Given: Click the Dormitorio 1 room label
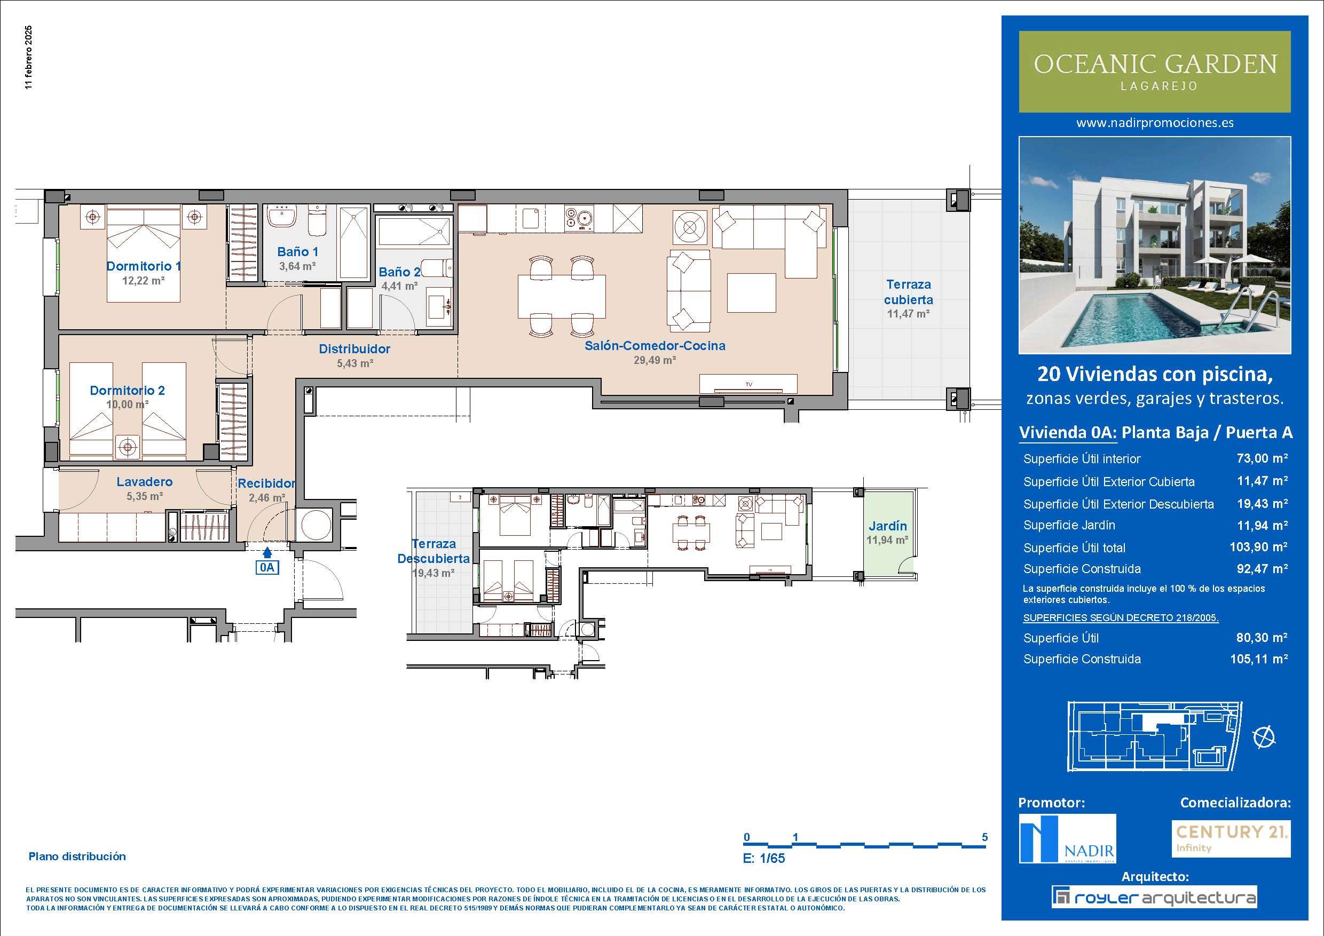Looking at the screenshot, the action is pyautogui.click(x=144, y=266).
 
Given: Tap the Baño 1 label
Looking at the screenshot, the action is pyautogui.click(x=297, y=252).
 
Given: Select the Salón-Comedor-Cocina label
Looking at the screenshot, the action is pyautogui.click(x=655, y=346).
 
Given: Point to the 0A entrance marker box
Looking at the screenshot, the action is pyautogui.click(x=267, y=567).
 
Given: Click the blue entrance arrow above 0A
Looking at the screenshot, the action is pyautogui.click(x=267, y=552).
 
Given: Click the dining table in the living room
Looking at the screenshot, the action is pyautogui.click(x=562, y=296).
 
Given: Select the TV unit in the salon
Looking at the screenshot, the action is pyautogui.click(x=748, y=384).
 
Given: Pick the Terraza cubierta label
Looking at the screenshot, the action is pyautogui.click(x=909, y=292).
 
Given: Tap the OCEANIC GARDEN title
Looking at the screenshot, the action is pyautogui.click(x=1155, y=64).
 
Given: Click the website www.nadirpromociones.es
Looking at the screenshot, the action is pyautogui.click(x=1155, y=123).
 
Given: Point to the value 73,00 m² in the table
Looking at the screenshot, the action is pyautogui.click(x=1262, y=459).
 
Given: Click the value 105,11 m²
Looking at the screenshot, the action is pyautogui.click(x=1259, y=659).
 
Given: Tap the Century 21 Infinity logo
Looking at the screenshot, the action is pyautogui.click(x=1231, y=838).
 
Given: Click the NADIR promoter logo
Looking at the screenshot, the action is pyautogui.click(x=1067, y=838).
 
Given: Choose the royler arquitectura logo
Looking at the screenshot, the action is pyautogui.click(x=1154, y=897).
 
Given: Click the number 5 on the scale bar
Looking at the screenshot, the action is pyautogui.click(x=985, y=837).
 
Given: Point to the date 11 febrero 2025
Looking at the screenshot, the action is pyautogui.click(x=29, y=57).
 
